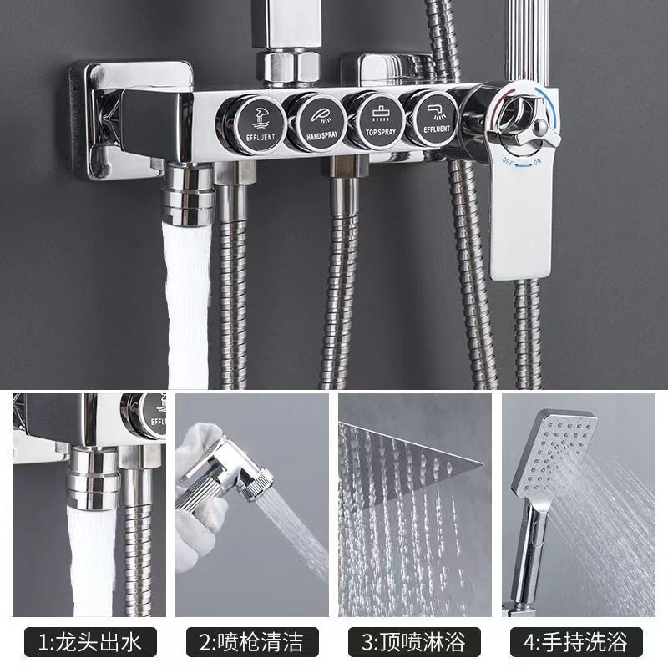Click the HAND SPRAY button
pyautogui.click(x=320, y=122)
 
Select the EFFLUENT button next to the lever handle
pyautogui.click(x=434, y=118)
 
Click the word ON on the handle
pyautogui.click(x=537, y=162)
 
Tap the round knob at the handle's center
pyautogui.click(x=540, y=127)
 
